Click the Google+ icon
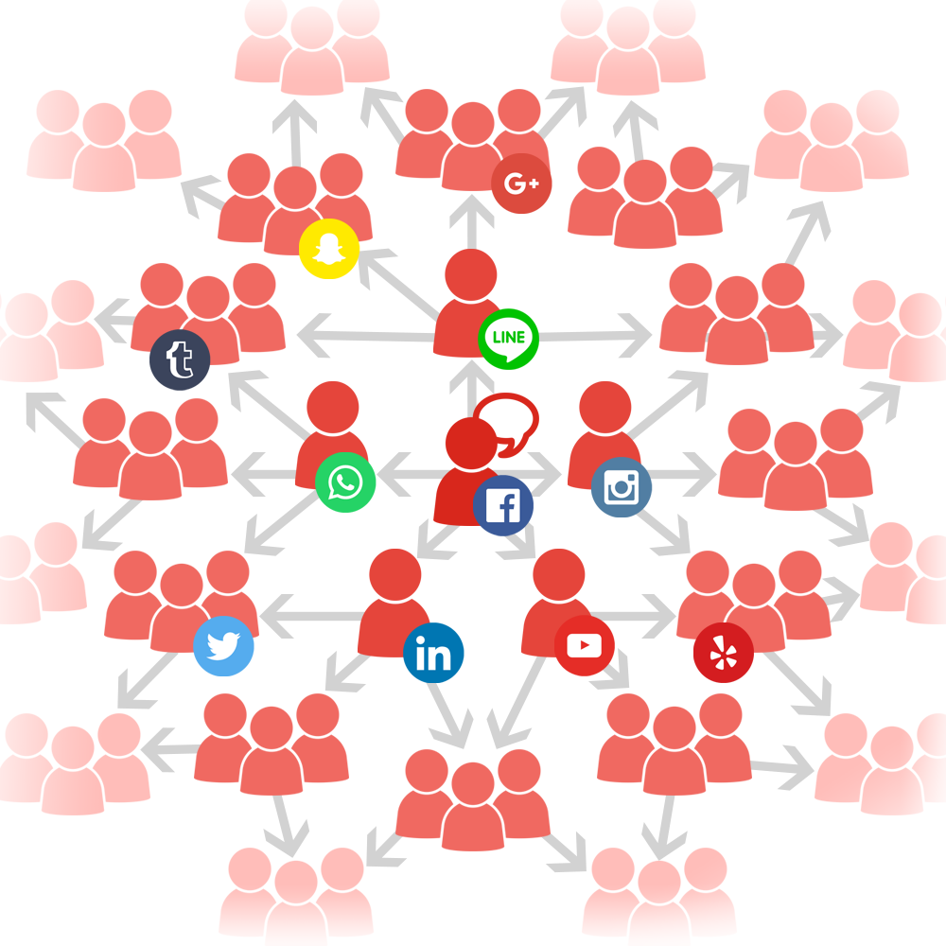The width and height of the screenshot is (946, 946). pos(521,184)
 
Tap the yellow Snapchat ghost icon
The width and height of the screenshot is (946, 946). pos(329,249)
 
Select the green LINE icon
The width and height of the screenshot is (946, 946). pos(508,339)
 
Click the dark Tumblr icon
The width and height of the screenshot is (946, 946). pos(180,359)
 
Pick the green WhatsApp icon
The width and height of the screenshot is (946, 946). pos(345,482)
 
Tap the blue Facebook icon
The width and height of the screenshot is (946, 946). pos(502,505)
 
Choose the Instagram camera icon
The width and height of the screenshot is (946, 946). pos(621,487)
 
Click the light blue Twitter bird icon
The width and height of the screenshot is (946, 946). pos(223,645)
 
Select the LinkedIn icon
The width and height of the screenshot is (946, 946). pos(433,653)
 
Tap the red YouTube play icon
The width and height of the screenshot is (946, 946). pos(584,645)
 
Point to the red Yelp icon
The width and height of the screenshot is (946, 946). pos(724,653)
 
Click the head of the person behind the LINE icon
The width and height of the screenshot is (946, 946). pos(470,275)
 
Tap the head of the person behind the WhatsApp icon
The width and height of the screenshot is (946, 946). pos(332,407)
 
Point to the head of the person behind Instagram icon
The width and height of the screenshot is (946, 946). pos(604,407)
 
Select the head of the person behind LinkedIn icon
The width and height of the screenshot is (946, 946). pos(394,575)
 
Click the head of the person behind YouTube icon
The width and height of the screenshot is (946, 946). pos(559,575)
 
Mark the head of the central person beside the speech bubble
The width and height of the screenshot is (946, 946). pos(470,443)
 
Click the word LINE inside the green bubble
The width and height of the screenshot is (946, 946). pos(509,338)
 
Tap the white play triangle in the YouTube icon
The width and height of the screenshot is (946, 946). pos(584,645)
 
